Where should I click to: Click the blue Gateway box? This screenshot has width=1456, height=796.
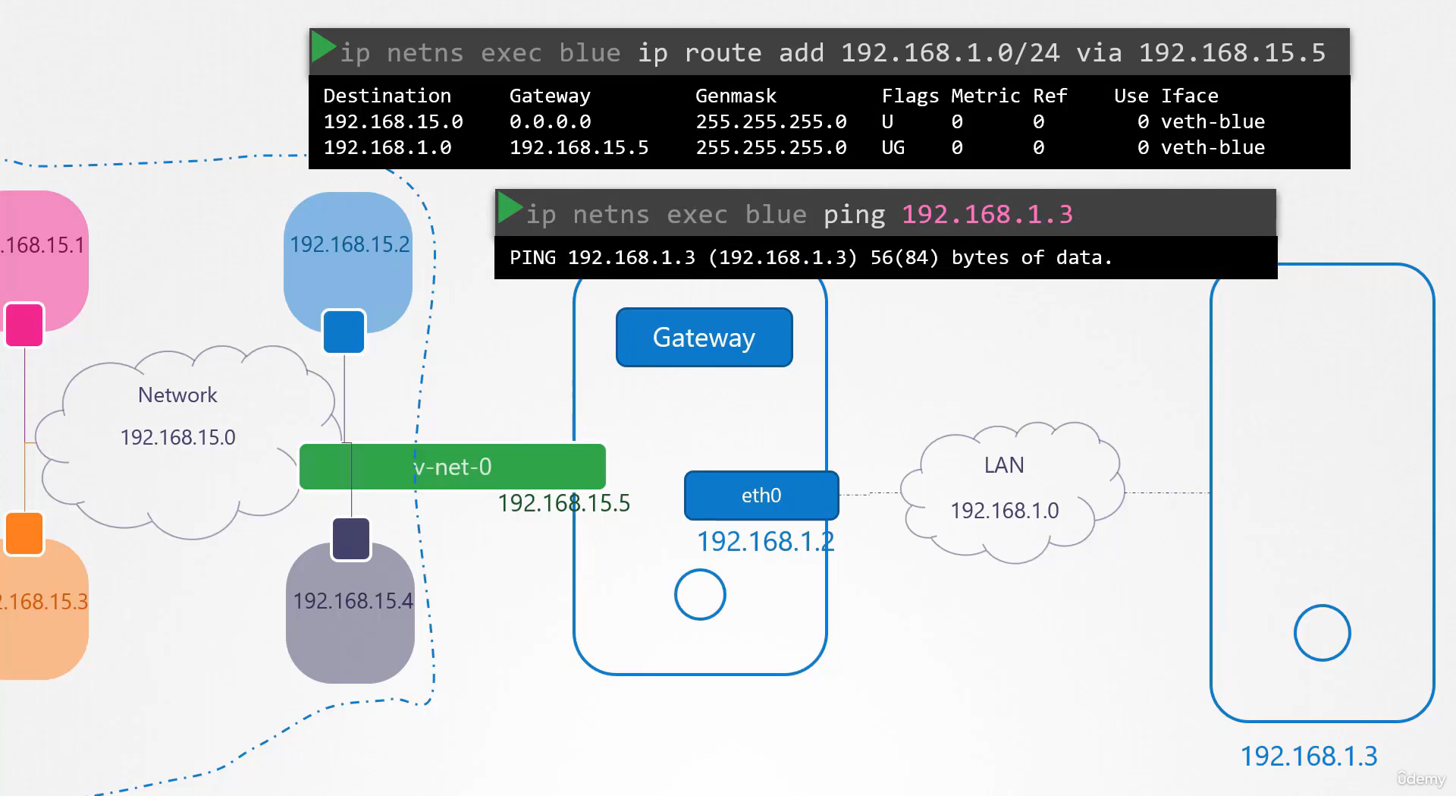pyautogui.click(x=704, y=337)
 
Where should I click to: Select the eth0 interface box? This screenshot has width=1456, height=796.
pyautogui.click(x=761, y=496)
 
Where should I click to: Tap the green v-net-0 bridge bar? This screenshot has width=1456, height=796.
pyautogui.click(x=453, y=467)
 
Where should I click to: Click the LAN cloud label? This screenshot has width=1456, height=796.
pyautogui.click(x=1004, y=465)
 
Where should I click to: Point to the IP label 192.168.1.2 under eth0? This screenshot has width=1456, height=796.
pyautogui.click(x=766, y=541)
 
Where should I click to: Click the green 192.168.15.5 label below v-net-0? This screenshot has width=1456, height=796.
pyautogui.click(x=563, y=503)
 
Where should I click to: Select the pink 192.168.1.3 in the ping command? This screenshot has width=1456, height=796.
pyautogui.click(x=987, y=215)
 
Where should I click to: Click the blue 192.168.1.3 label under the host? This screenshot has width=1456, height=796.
pyautogui.click(x=1309, y=756)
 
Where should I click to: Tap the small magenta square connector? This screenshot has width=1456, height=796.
pyautogui.click(x=24, y=325)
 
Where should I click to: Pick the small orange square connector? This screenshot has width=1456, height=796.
pyautogui.click(x=24, y=533)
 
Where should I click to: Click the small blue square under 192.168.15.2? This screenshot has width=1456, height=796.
pyautogui.click(x=344, y=332)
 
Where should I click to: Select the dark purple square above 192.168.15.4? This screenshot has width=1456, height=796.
pyautogui.click(x=351, y=539)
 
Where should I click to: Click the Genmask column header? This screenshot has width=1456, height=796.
pyautogui.click(x=736, y=96)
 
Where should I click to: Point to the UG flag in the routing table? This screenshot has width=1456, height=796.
pyautogui.click(x=893, y=148)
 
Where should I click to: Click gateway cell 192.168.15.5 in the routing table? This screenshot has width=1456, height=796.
pyautogui.click(x=579, y=148)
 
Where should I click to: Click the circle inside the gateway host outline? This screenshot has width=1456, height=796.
pyautogui.click(x=700, y=594)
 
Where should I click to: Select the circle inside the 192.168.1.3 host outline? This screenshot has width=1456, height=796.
pyautogui.click(x=1322, y=633)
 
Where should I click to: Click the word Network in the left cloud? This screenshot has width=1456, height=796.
pyautogui.click(x=177, y=395)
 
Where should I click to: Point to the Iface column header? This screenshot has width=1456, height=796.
pyautogui.click(x=1189, y=96)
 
